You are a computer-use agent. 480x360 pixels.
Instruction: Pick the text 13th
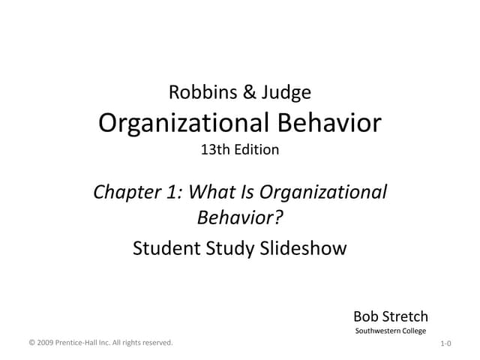click(215, 150)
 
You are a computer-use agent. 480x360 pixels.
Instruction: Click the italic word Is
click(247, 192)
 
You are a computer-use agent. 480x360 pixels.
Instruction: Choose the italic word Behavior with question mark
click(240, 218)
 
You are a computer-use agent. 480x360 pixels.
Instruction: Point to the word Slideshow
click(303, 248)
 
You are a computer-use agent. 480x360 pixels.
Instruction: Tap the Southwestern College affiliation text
click(390, 331)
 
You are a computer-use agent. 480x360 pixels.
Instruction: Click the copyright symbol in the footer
click(31, 343)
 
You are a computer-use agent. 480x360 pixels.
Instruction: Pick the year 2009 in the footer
click(46, 343)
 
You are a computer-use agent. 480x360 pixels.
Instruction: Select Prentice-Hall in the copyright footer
click(79, 343)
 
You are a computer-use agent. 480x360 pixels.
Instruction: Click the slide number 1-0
click(445, 343)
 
